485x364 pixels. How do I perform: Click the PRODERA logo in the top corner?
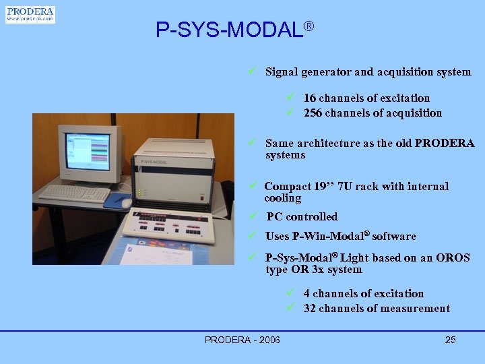[30, 15]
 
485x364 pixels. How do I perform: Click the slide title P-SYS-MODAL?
[229, 30]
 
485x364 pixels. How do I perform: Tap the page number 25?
[450, 340]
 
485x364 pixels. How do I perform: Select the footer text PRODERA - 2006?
[243, 340]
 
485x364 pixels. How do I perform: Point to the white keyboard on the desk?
[74, 193]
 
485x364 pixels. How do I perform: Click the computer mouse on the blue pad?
[126, 202]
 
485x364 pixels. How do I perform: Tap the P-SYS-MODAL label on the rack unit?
[154, 162]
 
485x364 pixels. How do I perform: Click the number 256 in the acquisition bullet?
[313, 113]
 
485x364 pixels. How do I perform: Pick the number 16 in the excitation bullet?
[310, 98]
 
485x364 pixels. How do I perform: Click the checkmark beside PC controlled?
[251, 216]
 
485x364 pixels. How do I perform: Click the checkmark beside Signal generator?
[250, 71]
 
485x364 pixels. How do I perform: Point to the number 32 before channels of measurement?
[310, 309]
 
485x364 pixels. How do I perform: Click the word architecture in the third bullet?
[330, 144]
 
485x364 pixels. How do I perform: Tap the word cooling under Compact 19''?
[283, 198]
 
